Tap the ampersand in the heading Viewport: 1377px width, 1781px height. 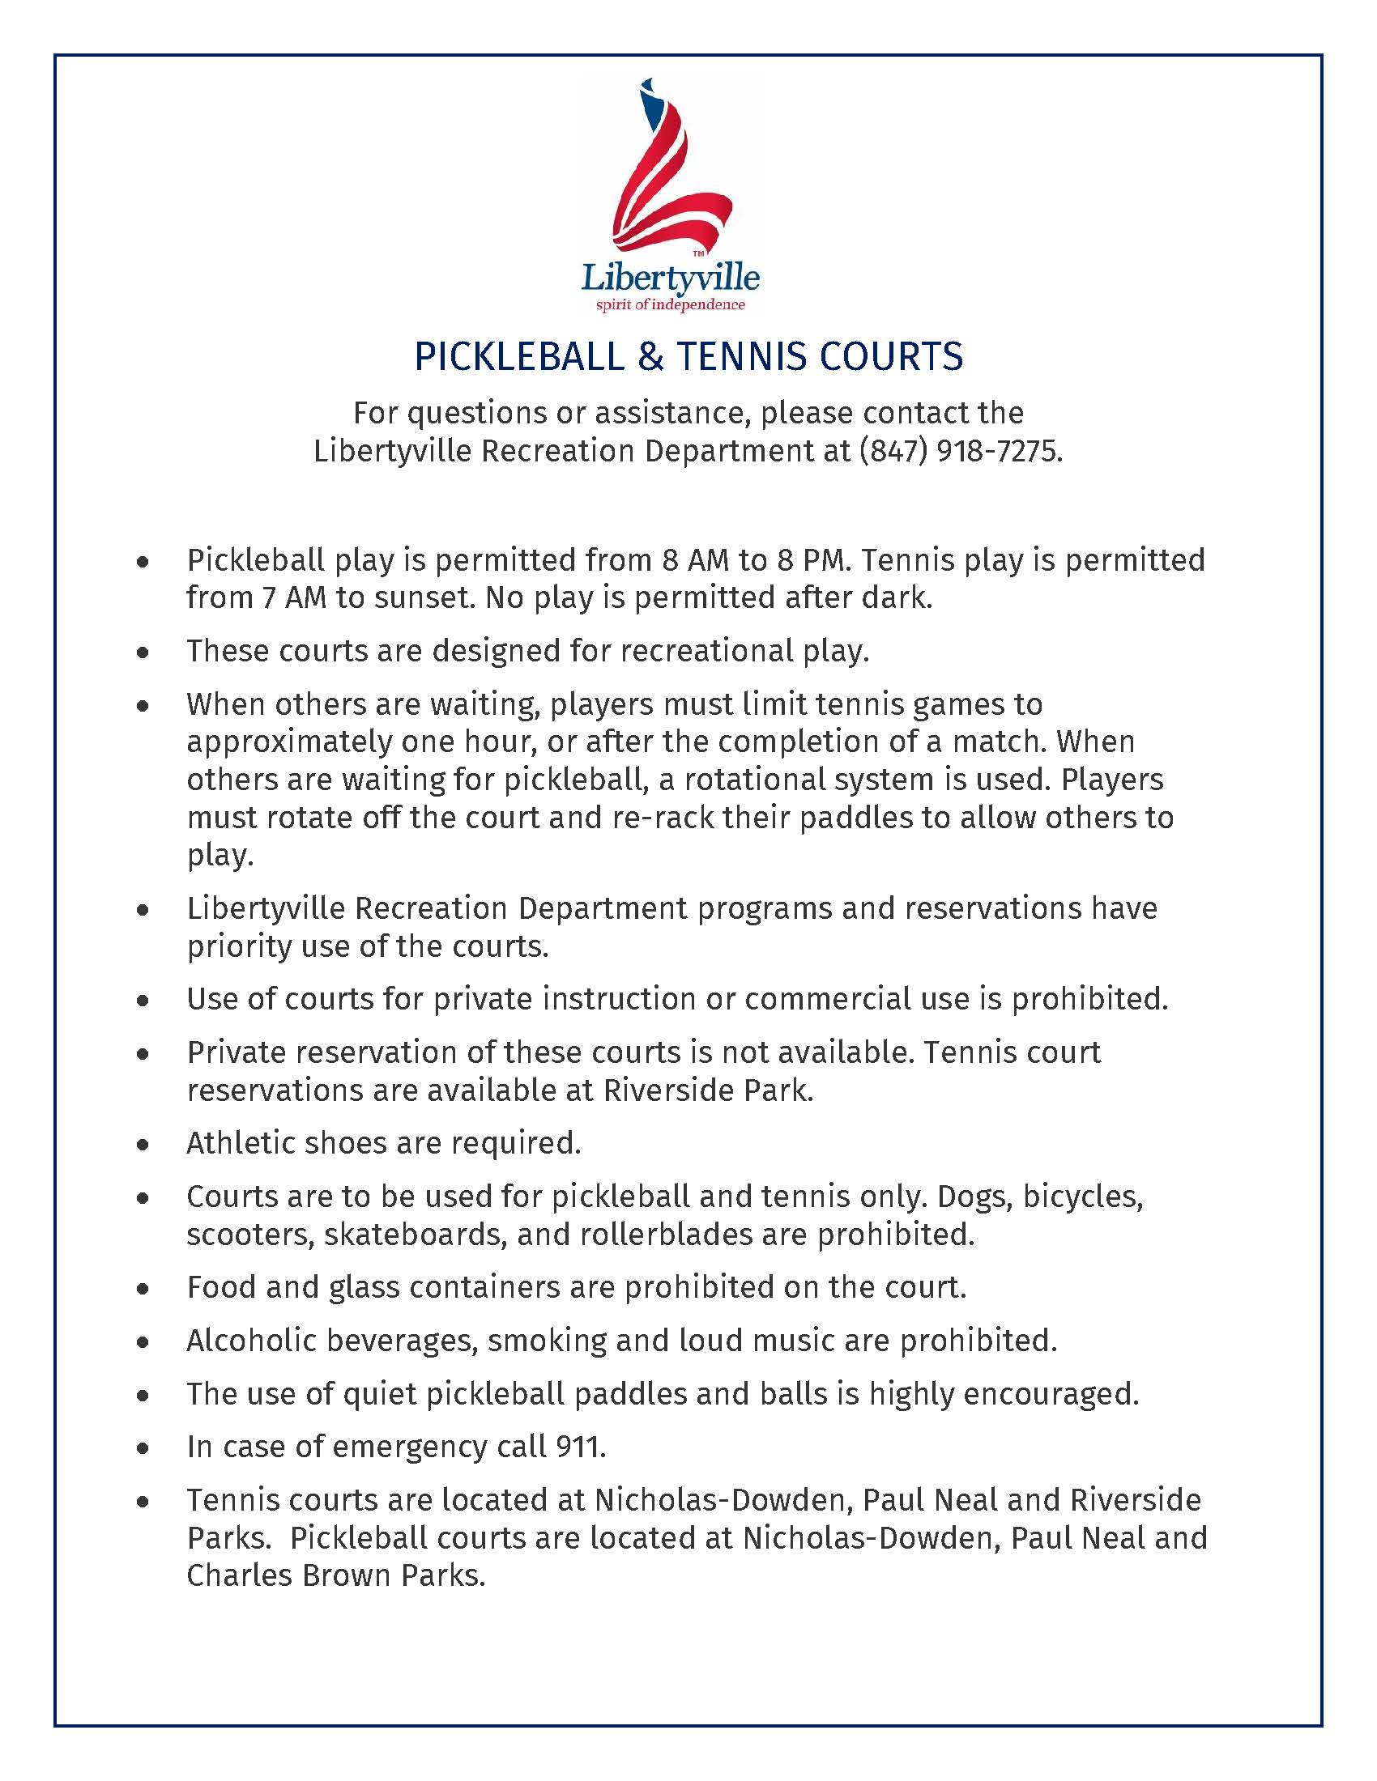pyautogui.click(x=650, y=357)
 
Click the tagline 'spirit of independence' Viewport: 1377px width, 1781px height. pyautogui.click(x=671, y=306)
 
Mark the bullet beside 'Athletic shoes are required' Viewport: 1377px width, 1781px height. pyautogui.click(x=143, y=1145)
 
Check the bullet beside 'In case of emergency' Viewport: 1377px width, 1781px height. pyautogui.click(x=143, y=1449)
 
